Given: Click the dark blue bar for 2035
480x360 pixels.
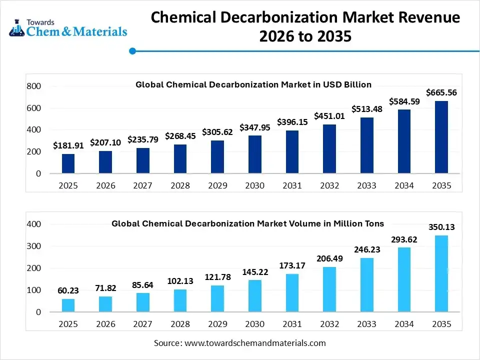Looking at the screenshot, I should (x=441, y=137).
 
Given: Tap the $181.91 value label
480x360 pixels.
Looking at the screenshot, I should (x=68, y=145).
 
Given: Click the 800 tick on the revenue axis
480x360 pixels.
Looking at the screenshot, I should (x=33, y=86).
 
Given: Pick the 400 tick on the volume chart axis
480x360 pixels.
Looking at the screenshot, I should (x=33, y=224).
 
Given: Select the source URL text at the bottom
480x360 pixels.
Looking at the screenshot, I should (x=239, y=343).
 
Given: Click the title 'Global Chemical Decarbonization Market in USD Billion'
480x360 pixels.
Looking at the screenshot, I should (x=253, y=84).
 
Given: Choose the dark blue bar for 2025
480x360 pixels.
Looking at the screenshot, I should (x=68, y=163).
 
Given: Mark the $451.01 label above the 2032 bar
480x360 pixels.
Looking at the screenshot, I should (x=329, y=116).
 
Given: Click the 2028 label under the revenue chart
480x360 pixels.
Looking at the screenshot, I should (x=180, y=185).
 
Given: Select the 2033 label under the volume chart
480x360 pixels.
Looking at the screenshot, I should (x=366, y=324).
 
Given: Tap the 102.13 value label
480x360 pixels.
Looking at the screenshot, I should (x=180, y=281).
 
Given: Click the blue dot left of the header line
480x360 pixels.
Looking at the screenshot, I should (x=132, y=50).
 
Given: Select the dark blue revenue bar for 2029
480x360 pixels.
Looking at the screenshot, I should (x=217, y=157).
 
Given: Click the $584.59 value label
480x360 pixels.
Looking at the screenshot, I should (x=403, y=101).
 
